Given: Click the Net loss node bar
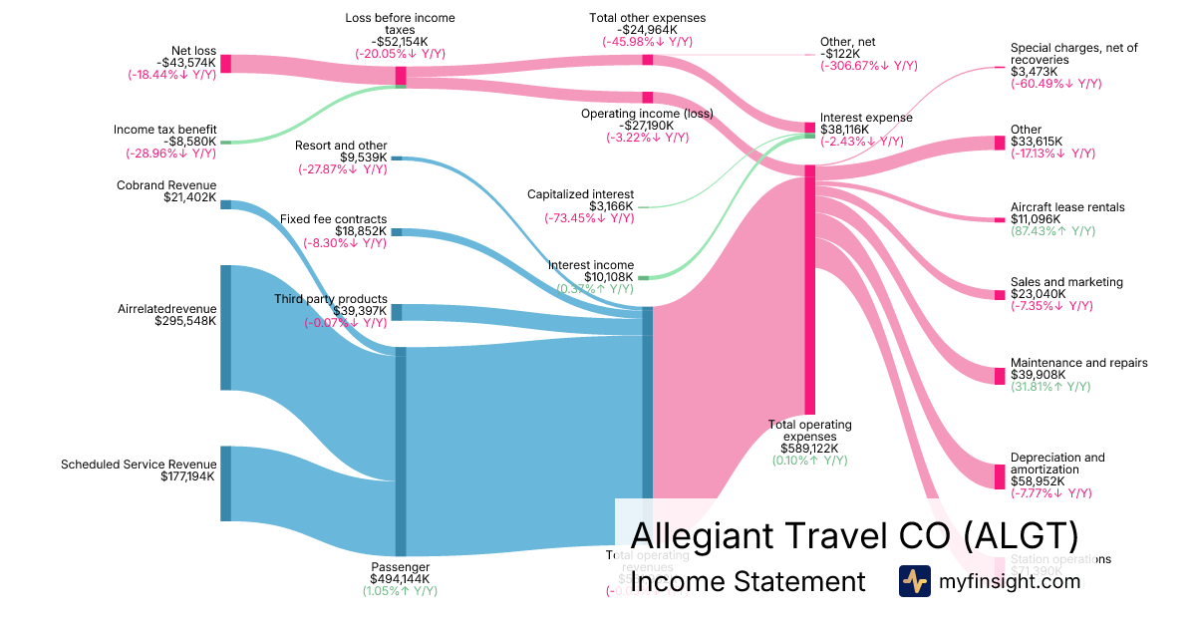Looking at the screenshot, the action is click(225, 64).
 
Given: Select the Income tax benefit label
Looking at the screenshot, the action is click(164, 130).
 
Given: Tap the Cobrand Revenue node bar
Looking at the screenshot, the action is click(225, 204).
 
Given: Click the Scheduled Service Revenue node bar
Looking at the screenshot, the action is click(225, 483).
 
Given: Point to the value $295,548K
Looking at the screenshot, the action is click(185, 321).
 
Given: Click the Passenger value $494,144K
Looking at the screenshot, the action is click(400, 578).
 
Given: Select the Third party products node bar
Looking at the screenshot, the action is click(396, 312).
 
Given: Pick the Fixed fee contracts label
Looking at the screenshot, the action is click(333, 219).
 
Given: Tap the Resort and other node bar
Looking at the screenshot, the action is click(396, 157).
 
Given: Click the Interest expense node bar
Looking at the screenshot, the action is click(810, 128).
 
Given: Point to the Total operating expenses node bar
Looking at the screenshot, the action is click(810, 289).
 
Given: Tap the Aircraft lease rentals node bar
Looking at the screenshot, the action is click(999, 219).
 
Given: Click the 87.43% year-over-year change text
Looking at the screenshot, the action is click(1052, 231).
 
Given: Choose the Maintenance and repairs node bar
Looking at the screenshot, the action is click(1000, 376).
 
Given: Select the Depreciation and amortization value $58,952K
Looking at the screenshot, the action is click(1038, 481).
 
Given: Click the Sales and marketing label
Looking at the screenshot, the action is click(1066, 282).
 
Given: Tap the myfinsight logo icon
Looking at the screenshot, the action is click(915, 581).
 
